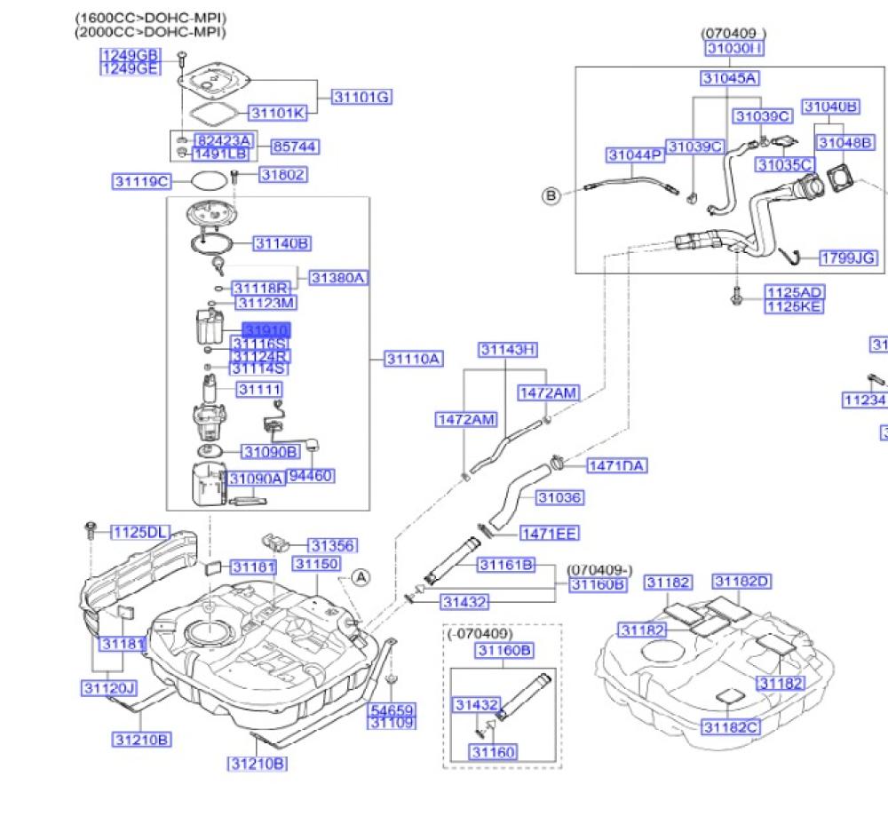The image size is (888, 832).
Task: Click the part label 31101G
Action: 361,96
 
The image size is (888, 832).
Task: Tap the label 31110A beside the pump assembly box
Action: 413,359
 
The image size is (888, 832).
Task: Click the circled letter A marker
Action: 361,576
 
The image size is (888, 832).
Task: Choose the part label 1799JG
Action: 847,258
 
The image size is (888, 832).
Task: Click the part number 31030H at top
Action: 734,48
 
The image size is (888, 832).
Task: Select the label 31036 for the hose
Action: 560,497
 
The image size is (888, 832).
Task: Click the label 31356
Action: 332,545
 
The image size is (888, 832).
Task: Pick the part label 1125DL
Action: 140,532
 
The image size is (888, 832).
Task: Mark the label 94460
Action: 310,476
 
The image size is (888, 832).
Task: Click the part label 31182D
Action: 741,582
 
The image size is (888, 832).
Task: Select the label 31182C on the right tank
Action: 732,727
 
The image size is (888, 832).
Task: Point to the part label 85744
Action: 295,146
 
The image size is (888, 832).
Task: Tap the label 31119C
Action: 141,181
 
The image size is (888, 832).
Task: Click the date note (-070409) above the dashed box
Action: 480,634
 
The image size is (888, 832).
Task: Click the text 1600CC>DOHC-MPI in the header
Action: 150,18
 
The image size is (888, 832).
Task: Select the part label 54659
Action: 392,710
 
